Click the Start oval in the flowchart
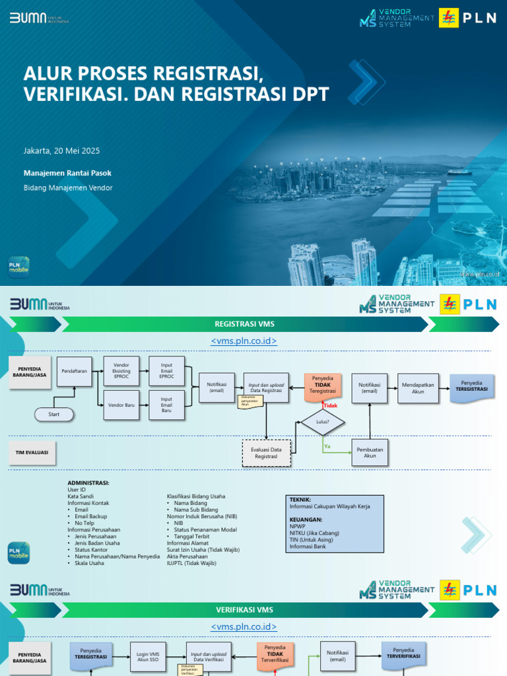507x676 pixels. coord(54,415)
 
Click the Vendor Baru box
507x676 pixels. coord(121,404)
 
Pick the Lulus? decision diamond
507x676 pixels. coord(323,421)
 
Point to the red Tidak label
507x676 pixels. coord(330,406)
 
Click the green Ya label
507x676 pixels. coord(327,447)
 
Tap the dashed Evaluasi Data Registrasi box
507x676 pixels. coord(266,453)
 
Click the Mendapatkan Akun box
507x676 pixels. coord(418,388)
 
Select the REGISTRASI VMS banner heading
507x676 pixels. coord(244,324)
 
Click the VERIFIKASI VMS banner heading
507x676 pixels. coord(244,609)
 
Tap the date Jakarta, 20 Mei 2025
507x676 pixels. coord(61,151)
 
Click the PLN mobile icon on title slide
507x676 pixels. coord(18,267)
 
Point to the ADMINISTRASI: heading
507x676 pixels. coord(88,483)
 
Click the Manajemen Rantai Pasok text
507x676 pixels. coord(67,173)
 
